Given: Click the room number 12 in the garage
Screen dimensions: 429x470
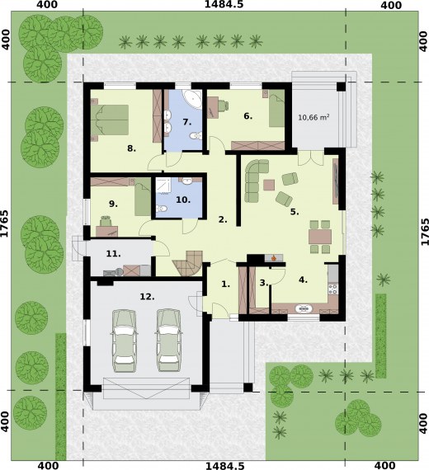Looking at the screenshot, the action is tap(148, 297).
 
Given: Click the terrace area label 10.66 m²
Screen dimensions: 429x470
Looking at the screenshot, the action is tap(313, 117).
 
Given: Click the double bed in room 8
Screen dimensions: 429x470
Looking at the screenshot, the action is tap(110, 120).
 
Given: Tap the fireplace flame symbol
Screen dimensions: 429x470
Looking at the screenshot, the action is tap(274, 257).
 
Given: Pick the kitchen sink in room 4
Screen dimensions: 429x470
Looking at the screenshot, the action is tap(304, 308).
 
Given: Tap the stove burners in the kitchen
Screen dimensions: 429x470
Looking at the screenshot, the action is tap(333, 289).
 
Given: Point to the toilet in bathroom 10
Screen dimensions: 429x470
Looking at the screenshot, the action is tap(162, 209).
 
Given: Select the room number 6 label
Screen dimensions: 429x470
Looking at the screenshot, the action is tap(247, 115).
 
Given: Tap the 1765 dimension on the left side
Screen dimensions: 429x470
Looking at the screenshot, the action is tap(4, 223).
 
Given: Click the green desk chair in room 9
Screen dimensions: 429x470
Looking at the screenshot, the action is tap(105, 221).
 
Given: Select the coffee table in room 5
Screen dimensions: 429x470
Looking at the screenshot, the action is tap(269, 185).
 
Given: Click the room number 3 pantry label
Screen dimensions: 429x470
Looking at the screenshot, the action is tap(264, 283).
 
